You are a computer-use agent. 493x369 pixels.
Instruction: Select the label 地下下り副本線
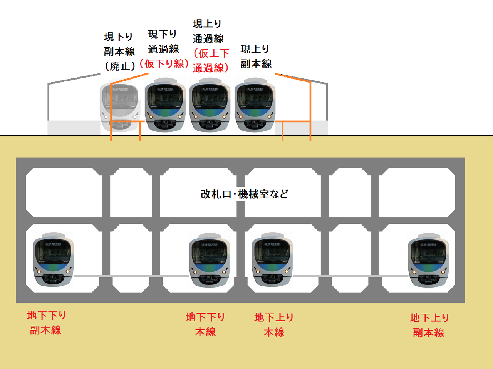click(x=46, y=323)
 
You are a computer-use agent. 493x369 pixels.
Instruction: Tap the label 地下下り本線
click(x=205, y=324)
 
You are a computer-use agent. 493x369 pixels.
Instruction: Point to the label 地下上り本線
click(x=274, y=325)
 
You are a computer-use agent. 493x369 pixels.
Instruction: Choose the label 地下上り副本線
click(x=429, y=325)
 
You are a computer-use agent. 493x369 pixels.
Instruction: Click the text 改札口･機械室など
click(x=245, y=194)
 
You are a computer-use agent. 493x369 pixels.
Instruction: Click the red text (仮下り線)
click(x=164, y=63)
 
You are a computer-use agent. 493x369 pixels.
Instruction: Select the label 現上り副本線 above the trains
click(x=256, y=56)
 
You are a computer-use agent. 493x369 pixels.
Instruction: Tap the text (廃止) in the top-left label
click(x=120, y=66)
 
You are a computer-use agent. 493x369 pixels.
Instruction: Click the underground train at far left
click(x=53, y=259)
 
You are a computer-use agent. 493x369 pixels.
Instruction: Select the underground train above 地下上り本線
click(x=272, y=259)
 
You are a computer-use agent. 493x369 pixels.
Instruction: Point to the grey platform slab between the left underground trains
click(x=131, y=276)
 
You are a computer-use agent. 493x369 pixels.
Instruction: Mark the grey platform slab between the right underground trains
click(x=350, y=276)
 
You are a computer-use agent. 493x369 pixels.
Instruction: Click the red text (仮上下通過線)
click(x=211, y=60)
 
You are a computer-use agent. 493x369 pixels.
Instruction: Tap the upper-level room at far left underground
click(x=64, y=192)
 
